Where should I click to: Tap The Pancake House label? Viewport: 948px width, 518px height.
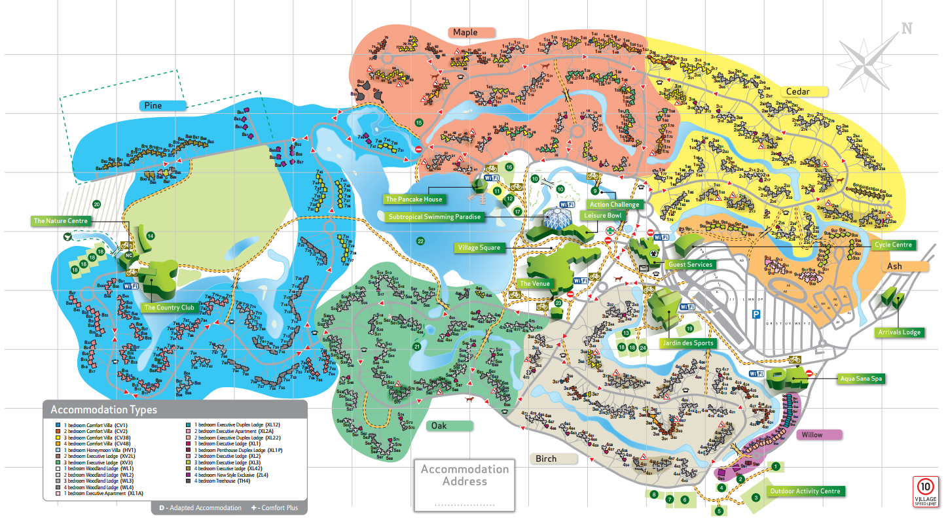[413, 199]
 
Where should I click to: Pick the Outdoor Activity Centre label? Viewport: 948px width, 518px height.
[805, 491]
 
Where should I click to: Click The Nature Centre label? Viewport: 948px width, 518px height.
[61, 221]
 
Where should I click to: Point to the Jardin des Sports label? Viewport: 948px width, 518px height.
[687, 343]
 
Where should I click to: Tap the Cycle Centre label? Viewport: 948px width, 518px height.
[892, 245]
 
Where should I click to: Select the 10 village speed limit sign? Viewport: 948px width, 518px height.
[925, 491]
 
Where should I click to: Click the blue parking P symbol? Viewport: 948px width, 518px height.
[756, 313]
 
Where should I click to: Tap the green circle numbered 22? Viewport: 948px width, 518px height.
[420, 241]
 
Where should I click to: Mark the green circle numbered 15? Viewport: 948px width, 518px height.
[419, 122]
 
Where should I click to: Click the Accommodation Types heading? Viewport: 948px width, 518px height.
[104, 410]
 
